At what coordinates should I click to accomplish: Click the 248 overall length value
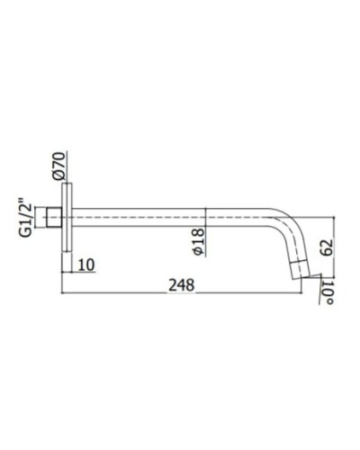[184, 283]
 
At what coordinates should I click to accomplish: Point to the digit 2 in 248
[173, 283]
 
